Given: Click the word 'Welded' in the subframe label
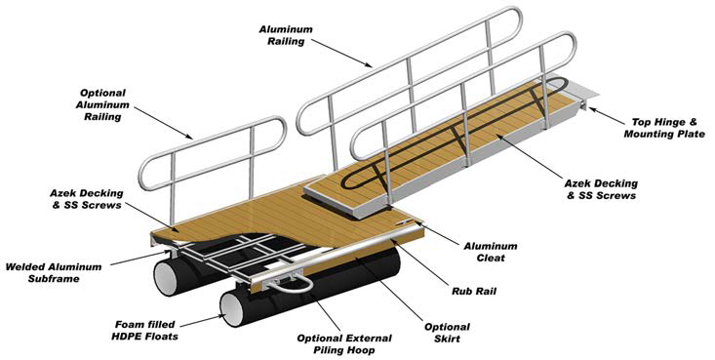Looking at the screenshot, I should tap(30, 265).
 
